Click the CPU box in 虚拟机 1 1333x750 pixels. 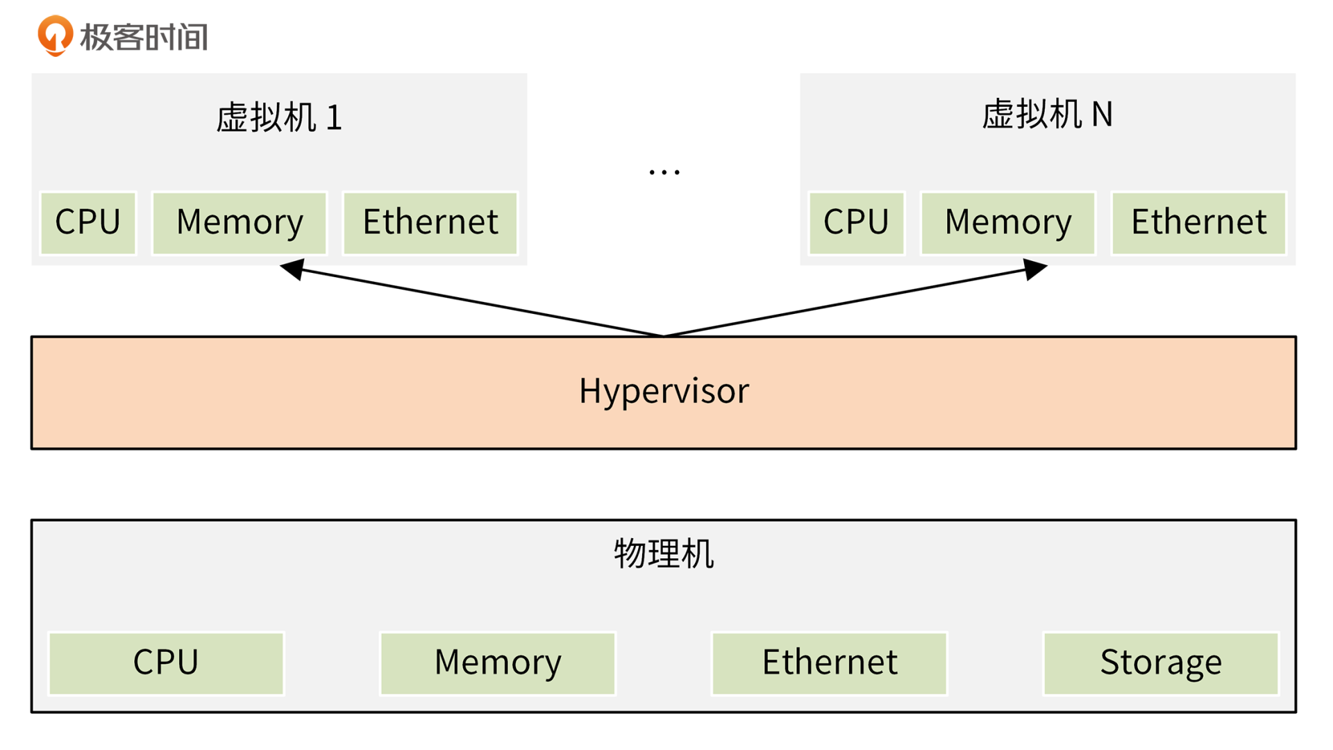pos(88,223)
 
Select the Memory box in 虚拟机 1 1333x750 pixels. pos(240,223)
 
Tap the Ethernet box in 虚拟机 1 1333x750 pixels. pos(430,223)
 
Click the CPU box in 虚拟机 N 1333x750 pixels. pos(857,223)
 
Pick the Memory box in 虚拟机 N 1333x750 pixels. pos(1008,223)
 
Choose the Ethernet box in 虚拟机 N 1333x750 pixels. pos(1199,223)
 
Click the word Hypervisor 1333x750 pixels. pos(664,391)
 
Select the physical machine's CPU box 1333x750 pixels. pos(166,662)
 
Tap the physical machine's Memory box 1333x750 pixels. pos(498,662)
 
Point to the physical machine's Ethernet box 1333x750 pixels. pos(830,662)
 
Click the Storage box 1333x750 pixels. pos(1161,662)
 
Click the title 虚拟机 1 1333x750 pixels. pos(279,117)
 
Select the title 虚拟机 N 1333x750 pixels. pos(1047,115)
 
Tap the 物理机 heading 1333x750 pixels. pos(664,554)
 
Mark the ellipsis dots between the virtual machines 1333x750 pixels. pos(664,172)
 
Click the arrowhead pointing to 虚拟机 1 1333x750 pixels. pos(293,269)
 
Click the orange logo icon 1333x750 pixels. pos(55,35)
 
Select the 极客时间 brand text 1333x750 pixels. pos(144,37)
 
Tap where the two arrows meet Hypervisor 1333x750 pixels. pos(664,335)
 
